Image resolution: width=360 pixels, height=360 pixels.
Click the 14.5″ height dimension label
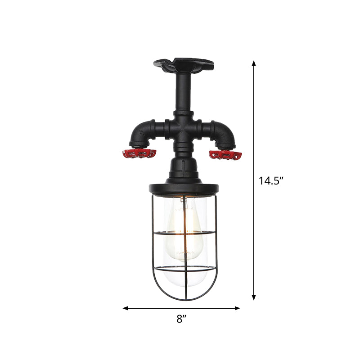[x=271, y=181]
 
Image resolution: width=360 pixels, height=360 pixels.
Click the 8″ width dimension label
[x=181, y=319]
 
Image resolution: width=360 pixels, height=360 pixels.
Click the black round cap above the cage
[x=182, y=186]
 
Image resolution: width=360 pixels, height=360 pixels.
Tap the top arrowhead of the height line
[x=254, y=63]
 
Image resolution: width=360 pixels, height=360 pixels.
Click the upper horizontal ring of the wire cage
[x=182, y=233]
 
